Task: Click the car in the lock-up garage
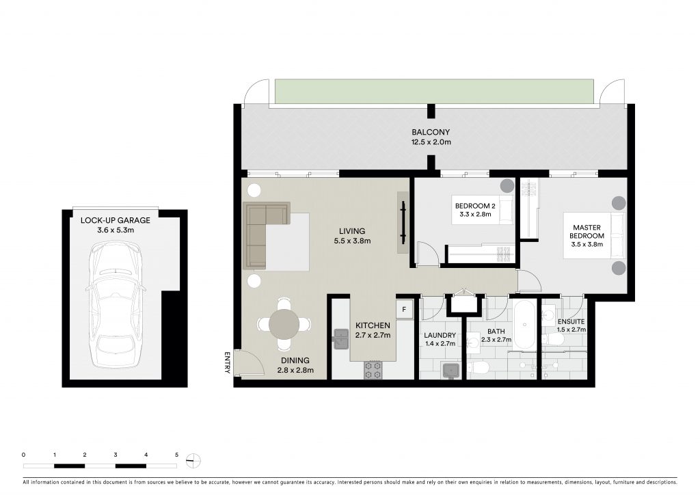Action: (116, 304)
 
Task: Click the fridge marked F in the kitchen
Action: (404, 309)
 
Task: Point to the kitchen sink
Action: (341, 339)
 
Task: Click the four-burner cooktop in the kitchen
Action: (373, 370)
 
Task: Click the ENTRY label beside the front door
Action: (227, 362)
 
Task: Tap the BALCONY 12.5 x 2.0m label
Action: (431, 137)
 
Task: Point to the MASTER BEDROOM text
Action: (587, 231)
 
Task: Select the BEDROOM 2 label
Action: (475, 206)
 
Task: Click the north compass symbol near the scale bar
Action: (193, 460)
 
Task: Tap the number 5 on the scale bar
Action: (177, 455)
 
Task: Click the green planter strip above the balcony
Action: (434, 93)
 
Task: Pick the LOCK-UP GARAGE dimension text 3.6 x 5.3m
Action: (116, 230)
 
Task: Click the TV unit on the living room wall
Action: (403, 222)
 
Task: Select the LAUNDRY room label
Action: (440, 335)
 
